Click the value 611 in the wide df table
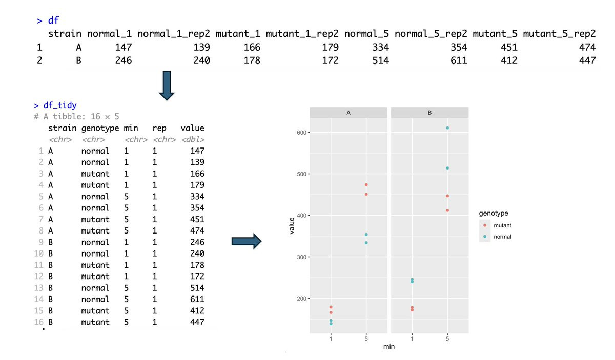tap(458, 61)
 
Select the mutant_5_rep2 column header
tap(559, 34)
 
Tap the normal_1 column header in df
tap(109, 34)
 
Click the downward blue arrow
tap(167, 86)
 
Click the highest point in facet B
tap(447, 128)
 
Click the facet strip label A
tap(348, 112)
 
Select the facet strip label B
tap(429, 112)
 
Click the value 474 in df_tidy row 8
tap(197, 231)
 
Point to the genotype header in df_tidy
tap(100, 128)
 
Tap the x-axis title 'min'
tap(389, 347)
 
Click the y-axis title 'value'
tap(292, 225)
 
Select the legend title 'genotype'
tap(494, 213)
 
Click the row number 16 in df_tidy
tap(39, 322)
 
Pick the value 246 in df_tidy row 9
tap(197, 242)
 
